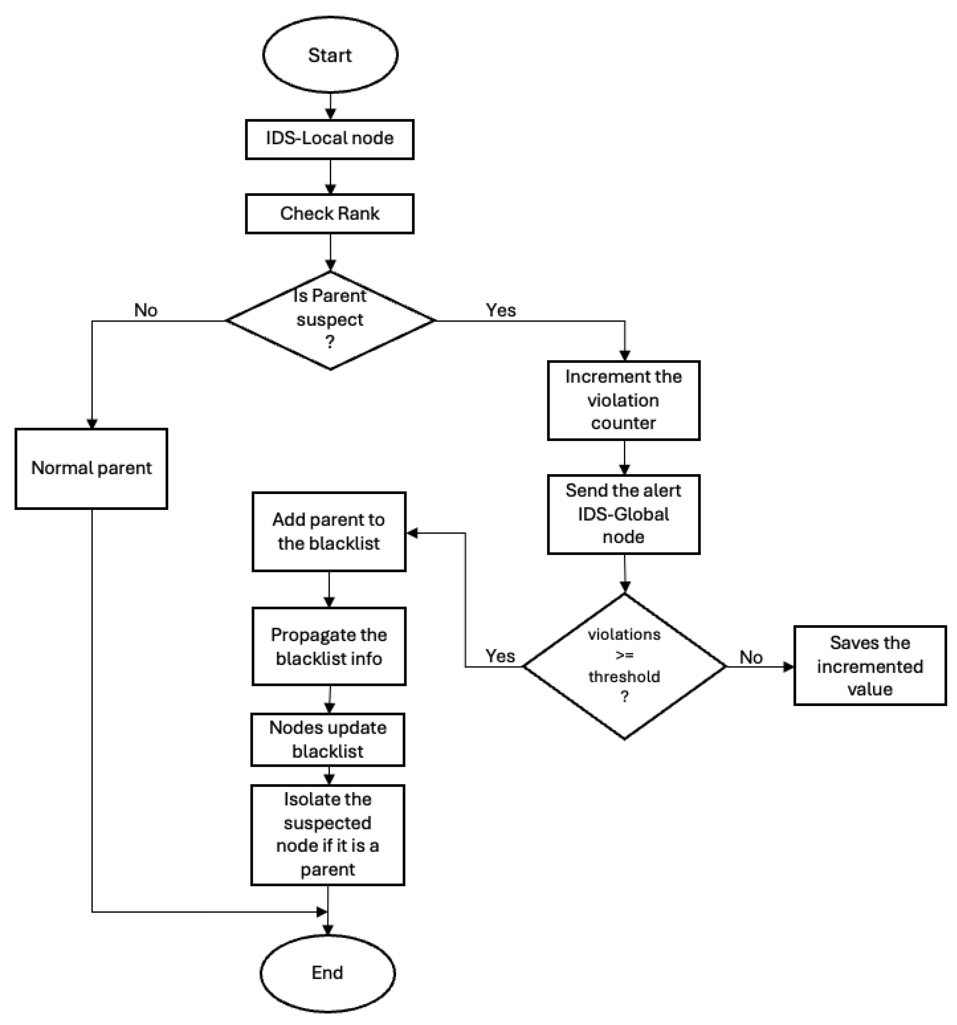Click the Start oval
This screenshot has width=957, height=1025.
click(x=330, y=55)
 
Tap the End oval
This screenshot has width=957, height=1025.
click(x=327, y=973)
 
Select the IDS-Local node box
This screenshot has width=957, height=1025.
click(x=329, y=139)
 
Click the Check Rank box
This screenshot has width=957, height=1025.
click(x=329, y=213)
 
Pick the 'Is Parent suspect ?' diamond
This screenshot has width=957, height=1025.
click(x=330, y=320)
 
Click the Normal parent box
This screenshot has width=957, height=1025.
click(x=91, y=468)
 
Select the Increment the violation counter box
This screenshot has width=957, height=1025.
click(x=623, y=400)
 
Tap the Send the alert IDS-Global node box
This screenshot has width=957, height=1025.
click(x=623, y=514)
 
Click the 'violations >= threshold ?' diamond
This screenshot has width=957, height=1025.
click(x=624, y=666)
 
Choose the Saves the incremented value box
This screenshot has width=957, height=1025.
click(x=870, y=666)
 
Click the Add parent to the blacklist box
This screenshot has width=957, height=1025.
click(x=329, y=532)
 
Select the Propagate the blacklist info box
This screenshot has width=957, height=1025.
click(x=329, y=646)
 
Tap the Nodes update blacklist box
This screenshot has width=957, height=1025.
click(x=328, y=739)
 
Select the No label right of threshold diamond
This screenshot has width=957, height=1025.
click(x=751, y=657)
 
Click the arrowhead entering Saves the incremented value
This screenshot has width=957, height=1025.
click(x=788, y=667)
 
